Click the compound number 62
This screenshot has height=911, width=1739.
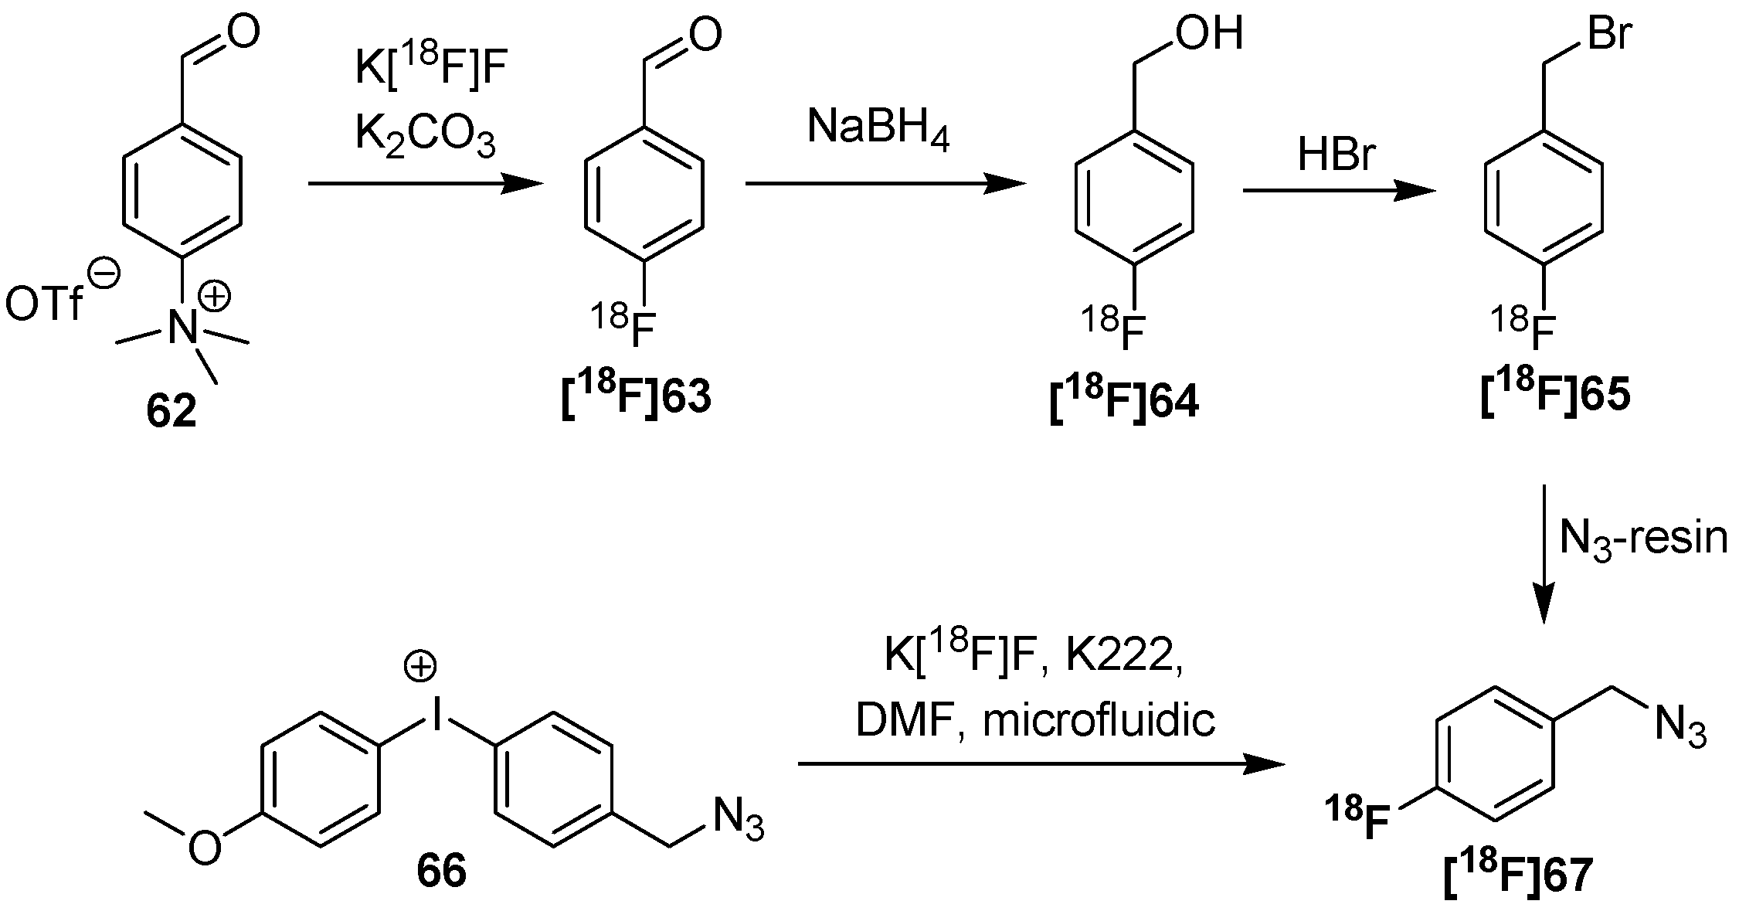pos(171,413)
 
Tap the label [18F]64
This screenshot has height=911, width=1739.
pos(1124,402)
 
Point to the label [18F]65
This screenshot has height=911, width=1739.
pos(1555,395)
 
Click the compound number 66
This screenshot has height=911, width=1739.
pos(441,872)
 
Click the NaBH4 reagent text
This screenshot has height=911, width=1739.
pos(878,128)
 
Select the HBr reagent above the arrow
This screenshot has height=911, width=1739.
pos(1337,155)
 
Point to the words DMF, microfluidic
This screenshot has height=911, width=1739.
pos(1035,720)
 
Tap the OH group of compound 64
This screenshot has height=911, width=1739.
pos(1207,36)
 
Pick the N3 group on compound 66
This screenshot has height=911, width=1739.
pos(739,819)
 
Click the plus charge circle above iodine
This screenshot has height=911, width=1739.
pos(421,668)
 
